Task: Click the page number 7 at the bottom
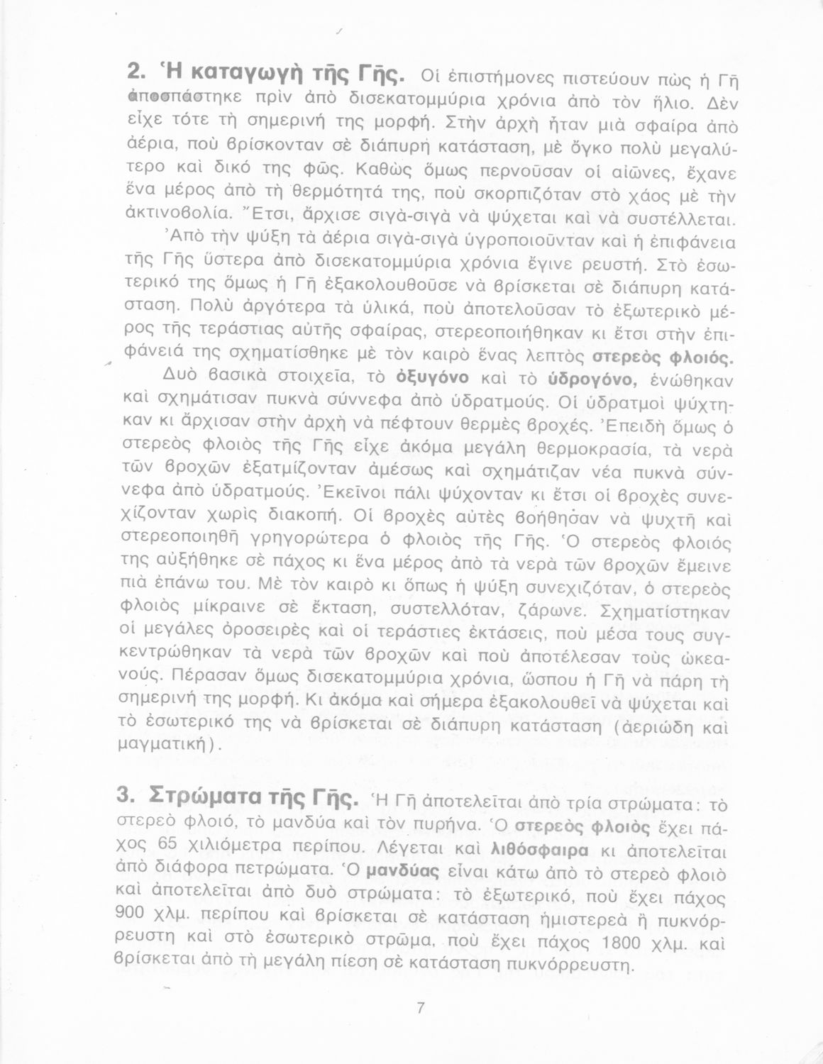[420, 1008]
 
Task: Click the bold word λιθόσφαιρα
[538, 848]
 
